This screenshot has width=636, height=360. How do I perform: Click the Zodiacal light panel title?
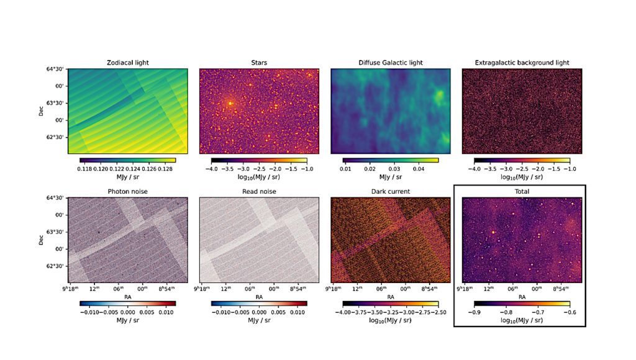click(128, 63)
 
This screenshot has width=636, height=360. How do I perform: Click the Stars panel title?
click(259, 63)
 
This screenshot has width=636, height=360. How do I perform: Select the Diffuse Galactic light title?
click(391, 63)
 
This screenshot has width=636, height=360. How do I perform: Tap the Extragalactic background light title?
click(522, 63)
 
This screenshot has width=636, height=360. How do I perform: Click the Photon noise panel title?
click(128, 192)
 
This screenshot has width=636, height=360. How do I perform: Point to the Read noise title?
click(259, 192)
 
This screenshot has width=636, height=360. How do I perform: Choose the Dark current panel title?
click(391, 192)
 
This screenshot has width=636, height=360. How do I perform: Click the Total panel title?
click(522, 192)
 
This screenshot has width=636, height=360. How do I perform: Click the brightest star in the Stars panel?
click(230, 104)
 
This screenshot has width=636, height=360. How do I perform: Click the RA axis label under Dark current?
click(391, 297)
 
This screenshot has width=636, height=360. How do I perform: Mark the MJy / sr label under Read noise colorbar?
click(259, 320)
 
